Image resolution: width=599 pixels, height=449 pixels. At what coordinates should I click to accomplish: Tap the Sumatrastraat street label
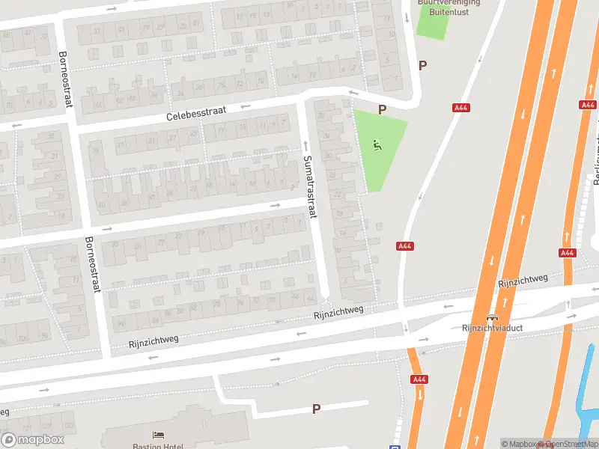tap(310, 186)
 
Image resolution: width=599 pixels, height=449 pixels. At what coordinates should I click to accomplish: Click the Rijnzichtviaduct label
tap(491, 328)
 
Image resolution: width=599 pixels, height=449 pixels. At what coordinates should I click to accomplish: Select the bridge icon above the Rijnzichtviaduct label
tap(491, 317)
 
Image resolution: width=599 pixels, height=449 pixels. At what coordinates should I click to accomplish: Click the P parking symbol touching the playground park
tap(382, 110)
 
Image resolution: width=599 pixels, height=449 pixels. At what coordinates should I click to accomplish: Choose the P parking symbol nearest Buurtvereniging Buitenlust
tap(422, 65)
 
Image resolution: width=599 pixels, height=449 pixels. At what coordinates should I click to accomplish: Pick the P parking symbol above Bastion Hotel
tap(316, 409)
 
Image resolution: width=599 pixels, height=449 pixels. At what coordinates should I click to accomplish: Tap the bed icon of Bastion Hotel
tap(158, 435)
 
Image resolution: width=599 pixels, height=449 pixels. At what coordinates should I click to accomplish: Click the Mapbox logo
tap(32, 439)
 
